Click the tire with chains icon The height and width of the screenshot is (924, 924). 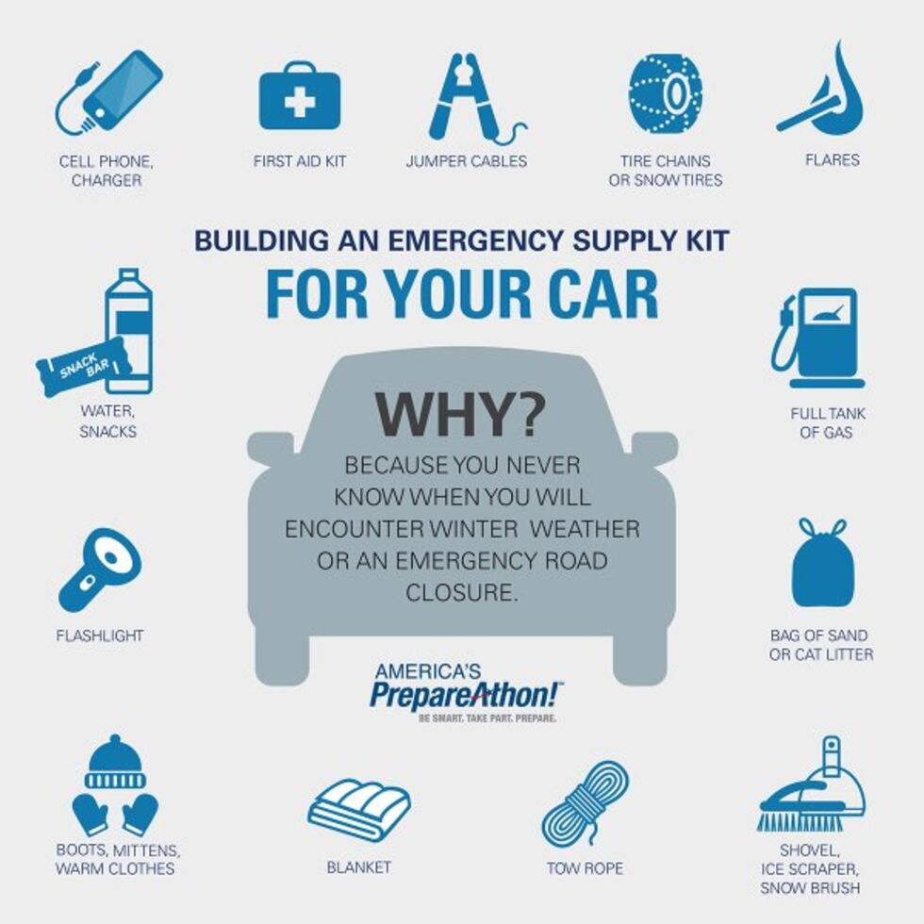(x=666, y=92)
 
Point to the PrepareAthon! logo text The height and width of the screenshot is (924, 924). (x=466, y=695)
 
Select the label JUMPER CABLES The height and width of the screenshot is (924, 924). (x=466, y=161)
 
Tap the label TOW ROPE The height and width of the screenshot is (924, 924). (x=585, y=867)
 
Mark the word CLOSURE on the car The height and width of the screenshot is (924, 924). (x=462, y=594)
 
